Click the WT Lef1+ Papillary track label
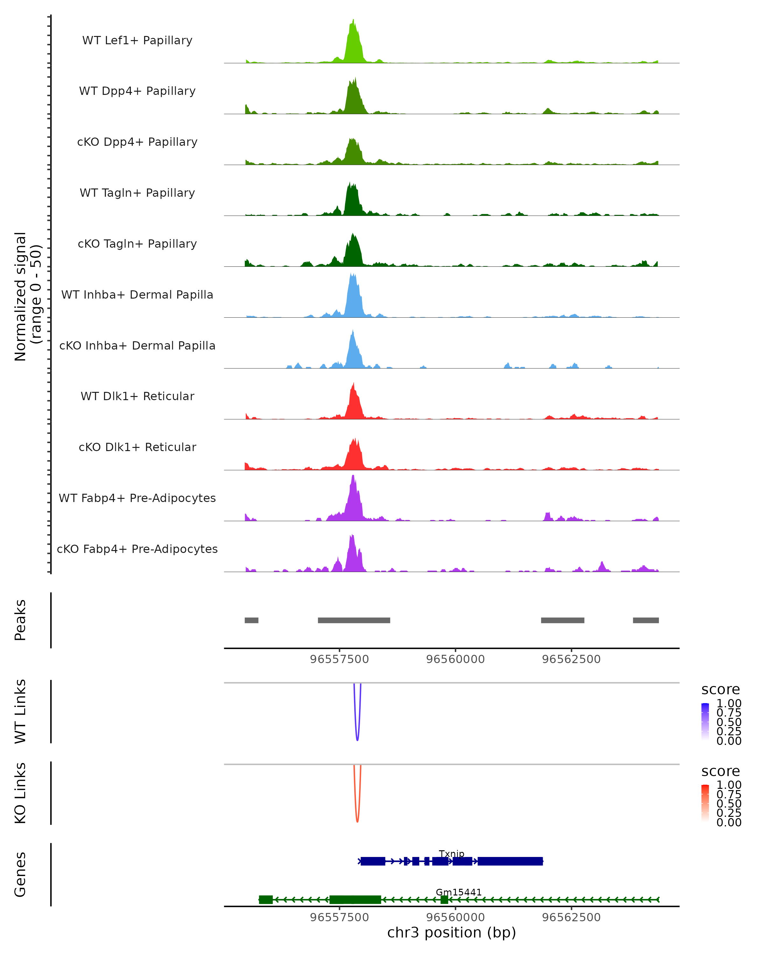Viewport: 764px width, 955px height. [x=137, y=40]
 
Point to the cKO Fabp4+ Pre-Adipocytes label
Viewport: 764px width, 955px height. [x=137, y=549]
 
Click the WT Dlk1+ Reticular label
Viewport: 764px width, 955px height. [x=137, y=396]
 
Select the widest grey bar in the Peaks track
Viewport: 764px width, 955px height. [x=354, y=620]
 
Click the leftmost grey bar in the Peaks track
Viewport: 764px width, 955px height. [x=251, y=620]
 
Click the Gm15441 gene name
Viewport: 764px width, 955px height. [x=458, y=892]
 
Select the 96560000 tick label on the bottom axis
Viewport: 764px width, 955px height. [x=455, y=917]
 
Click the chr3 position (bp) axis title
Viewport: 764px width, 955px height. [x=451, y=933]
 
